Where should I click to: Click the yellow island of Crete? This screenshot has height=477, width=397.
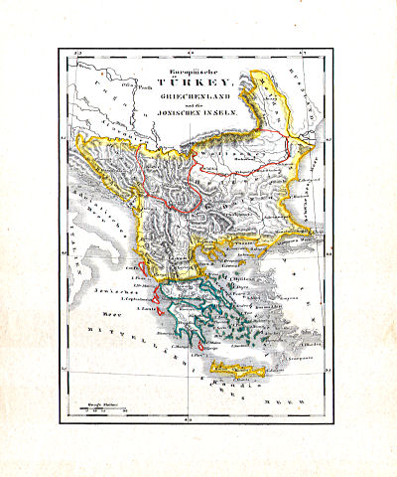point(238,371)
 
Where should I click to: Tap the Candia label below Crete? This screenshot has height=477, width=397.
point(238,381)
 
